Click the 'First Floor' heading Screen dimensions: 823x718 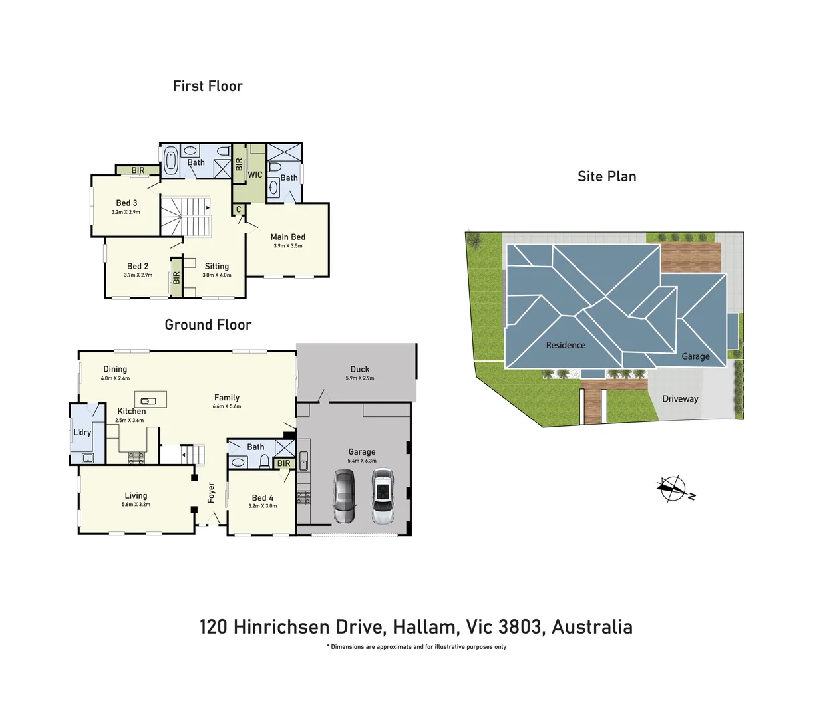(208, 86)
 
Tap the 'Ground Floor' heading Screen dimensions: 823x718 (208, 325)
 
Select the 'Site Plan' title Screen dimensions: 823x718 (607, 177)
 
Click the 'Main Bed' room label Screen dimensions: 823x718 (287, 237)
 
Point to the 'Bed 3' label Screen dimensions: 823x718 (126, 203)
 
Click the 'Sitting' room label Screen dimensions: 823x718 (216, 266)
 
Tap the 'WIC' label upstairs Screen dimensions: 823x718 (255, 175)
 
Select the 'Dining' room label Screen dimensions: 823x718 (115, 370)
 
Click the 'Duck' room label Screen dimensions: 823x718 (360, 370)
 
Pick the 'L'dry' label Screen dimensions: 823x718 (82, 433)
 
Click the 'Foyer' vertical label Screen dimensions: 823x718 (212, 493)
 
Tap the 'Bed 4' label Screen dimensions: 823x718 (262, 498)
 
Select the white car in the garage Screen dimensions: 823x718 (383, 496)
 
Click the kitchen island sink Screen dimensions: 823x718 (149, 401)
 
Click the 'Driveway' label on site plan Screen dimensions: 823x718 (680, 399)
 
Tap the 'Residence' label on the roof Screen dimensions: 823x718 (566, 346)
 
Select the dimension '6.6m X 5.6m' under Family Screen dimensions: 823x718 (227, 406)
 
